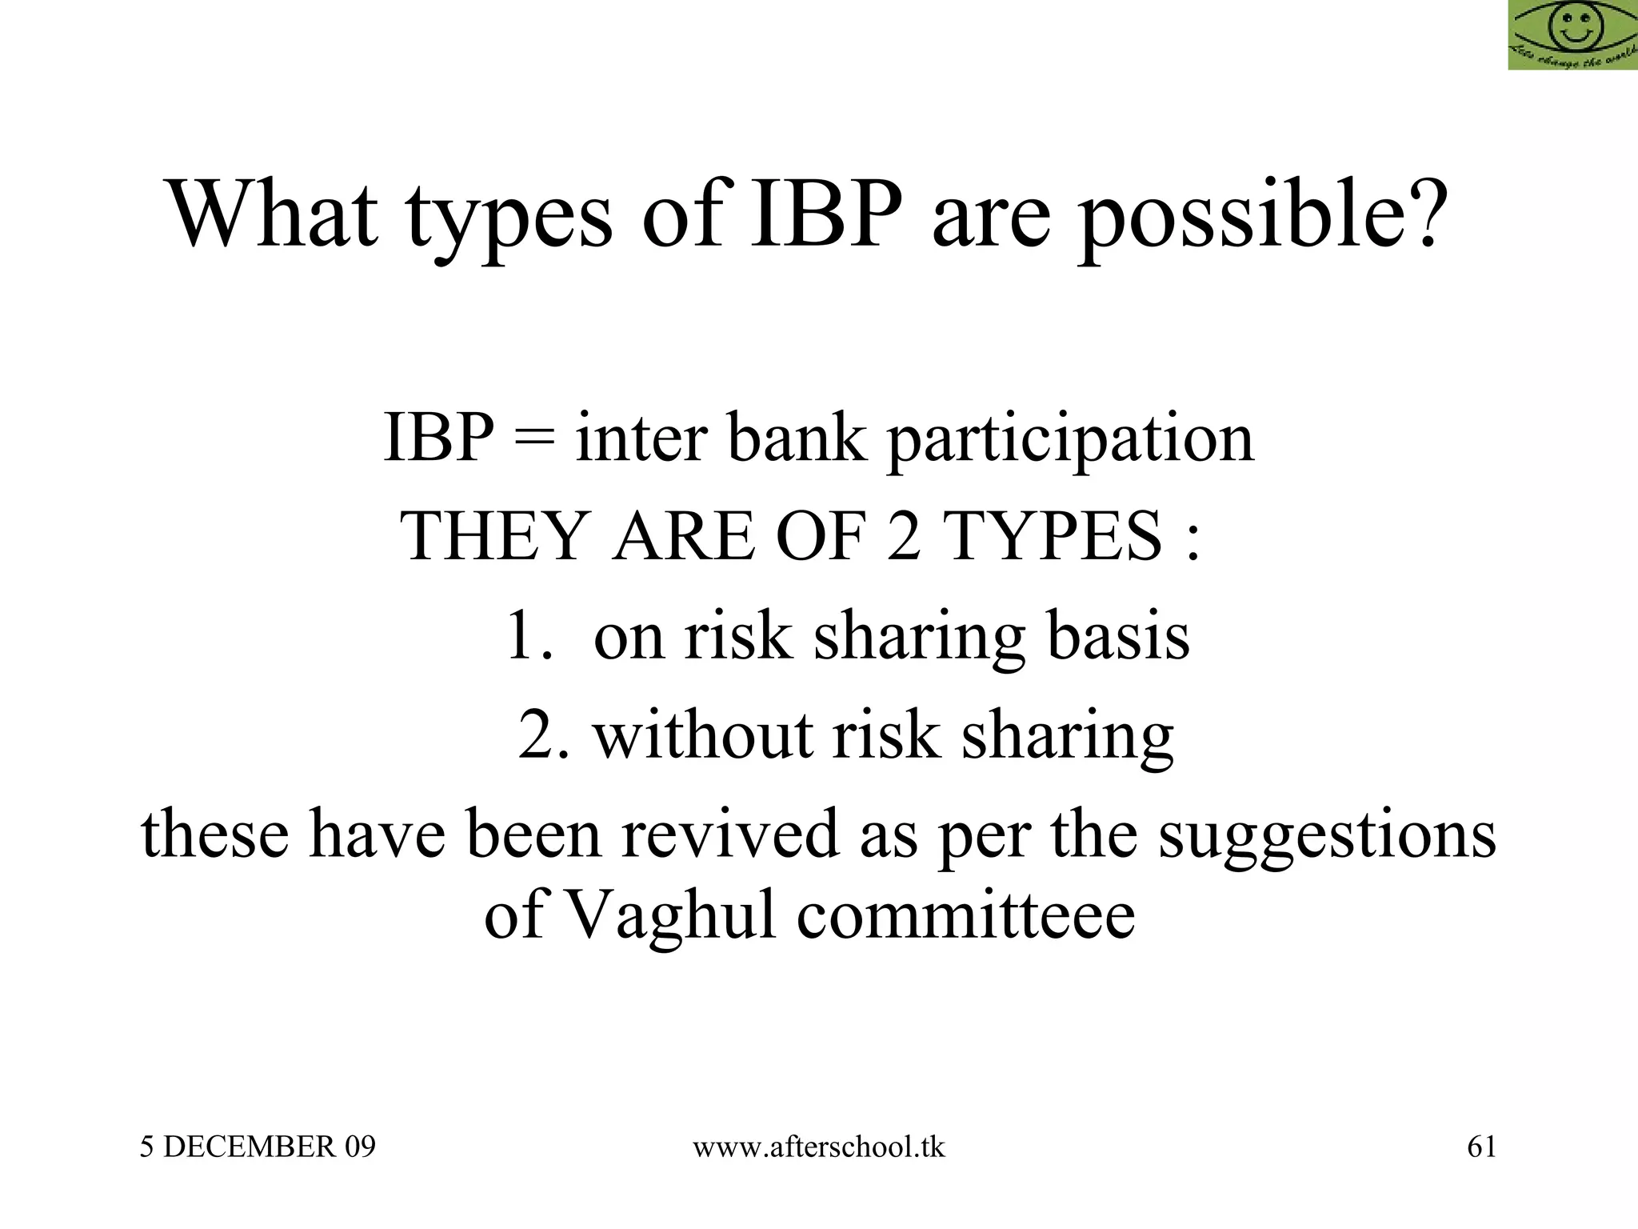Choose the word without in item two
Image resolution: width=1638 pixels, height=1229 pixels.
coord(702,735)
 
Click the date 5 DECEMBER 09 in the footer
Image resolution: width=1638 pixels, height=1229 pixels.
coord(258,1147)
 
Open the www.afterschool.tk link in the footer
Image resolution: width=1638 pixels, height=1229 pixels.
coord(818,1147)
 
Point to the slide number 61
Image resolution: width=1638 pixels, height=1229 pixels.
coord(1481,1147)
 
